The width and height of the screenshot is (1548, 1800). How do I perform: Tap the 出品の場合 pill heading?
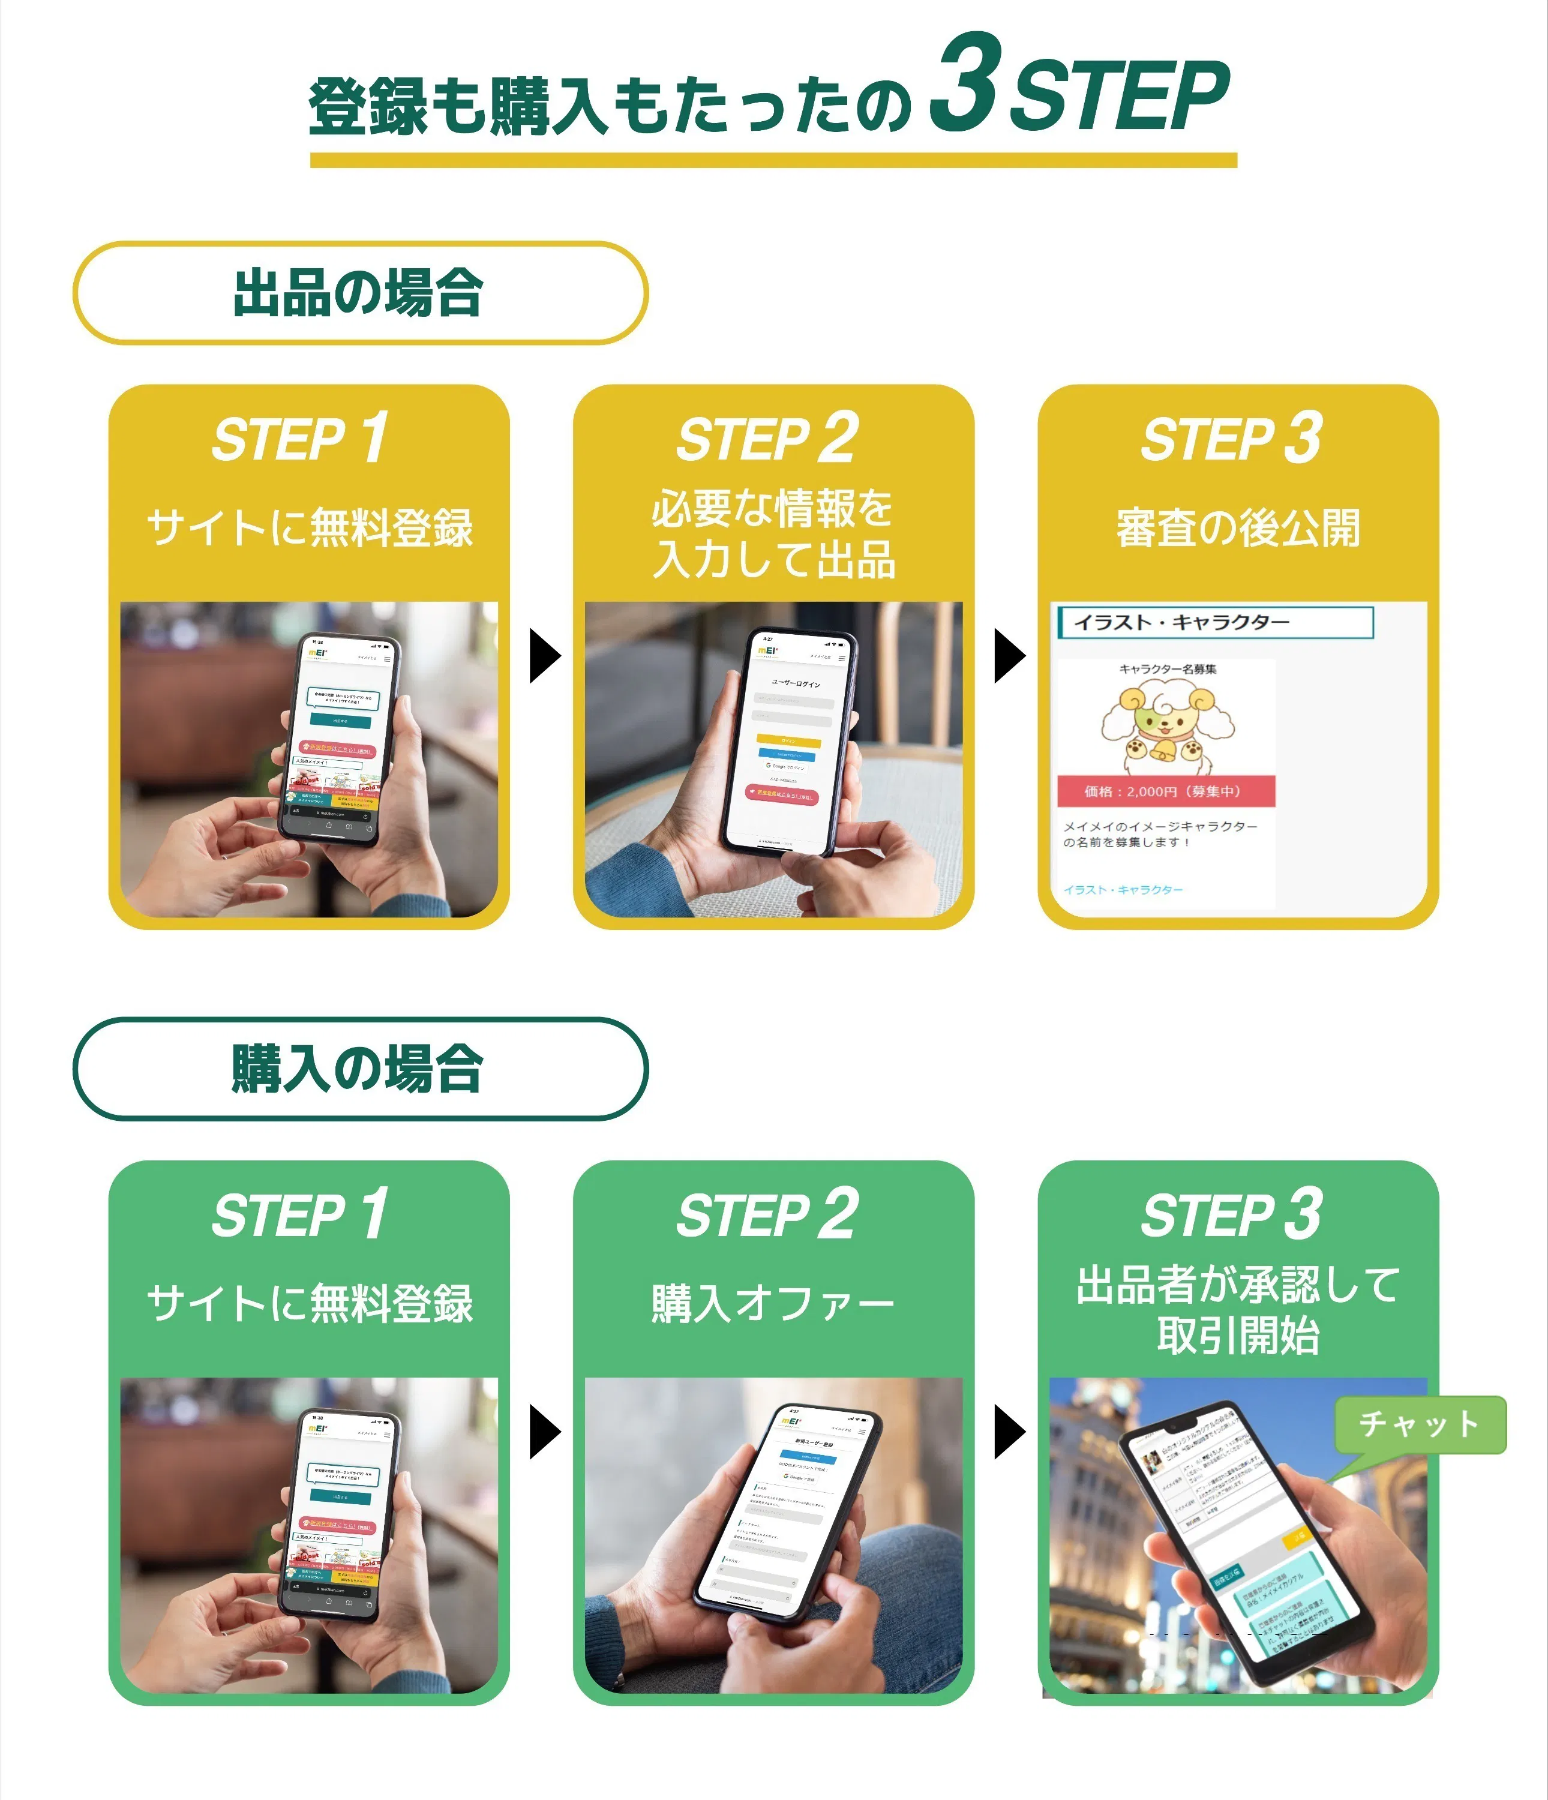(359, 293)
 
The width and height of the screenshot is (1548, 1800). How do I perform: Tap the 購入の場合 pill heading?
(359, 1069)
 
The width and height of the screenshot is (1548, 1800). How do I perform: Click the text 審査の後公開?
(1237, 528)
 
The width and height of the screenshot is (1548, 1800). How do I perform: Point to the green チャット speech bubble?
(1420, 1424)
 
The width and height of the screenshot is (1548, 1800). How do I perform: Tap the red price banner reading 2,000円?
(1165, 791)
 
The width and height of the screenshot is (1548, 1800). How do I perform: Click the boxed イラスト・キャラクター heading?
(1215, 622)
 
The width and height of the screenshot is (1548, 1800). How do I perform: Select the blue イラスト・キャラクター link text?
(1123, 890)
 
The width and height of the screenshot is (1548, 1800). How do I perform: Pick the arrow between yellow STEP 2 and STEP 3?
(1009, 656)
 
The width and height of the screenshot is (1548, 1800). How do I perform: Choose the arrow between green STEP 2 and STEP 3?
(1009, 1432)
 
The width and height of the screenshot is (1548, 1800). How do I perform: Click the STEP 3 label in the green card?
(1232, 1214)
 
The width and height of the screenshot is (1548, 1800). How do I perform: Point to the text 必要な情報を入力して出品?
(772, 533)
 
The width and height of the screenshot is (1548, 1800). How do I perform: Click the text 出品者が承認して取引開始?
(1237, 1310)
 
